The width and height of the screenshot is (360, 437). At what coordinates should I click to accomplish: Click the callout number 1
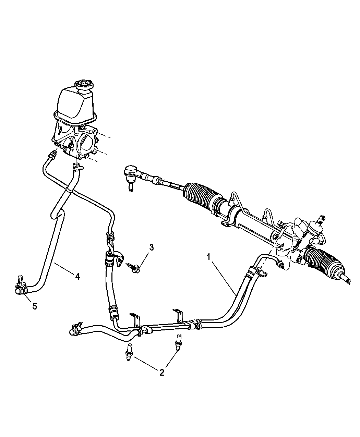coord(208,256)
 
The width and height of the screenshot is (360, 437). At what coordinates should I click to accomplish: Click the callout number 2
coord(161,372)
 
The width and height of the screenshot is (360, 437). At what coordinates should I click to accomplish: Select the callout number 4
coord(77,276)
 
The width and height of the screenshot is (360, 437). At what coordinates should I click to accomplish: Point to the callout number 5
coord(34,306)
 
